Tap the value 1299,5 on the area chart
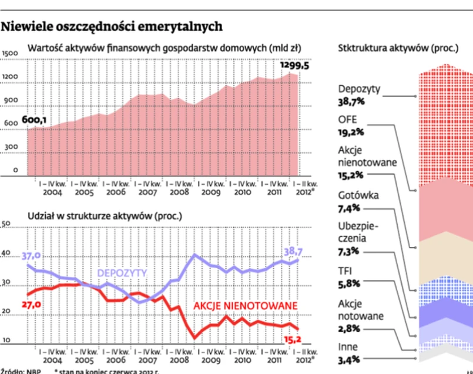(x=294, y=65)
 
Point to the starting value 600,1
(x=34, y=120)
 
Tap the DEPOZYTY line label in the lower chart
(x=122, y=273)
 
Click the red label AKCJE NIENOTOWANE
(x=246, y=306)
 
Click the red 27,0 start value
(x=30, y=305)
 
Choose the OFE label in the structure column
(x=348, y=119)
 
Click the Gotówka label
(x=358, y=195)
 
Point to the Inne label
(x=348, y=346)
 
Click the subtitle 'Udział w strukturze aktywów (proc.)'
(x=105, y=216)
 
